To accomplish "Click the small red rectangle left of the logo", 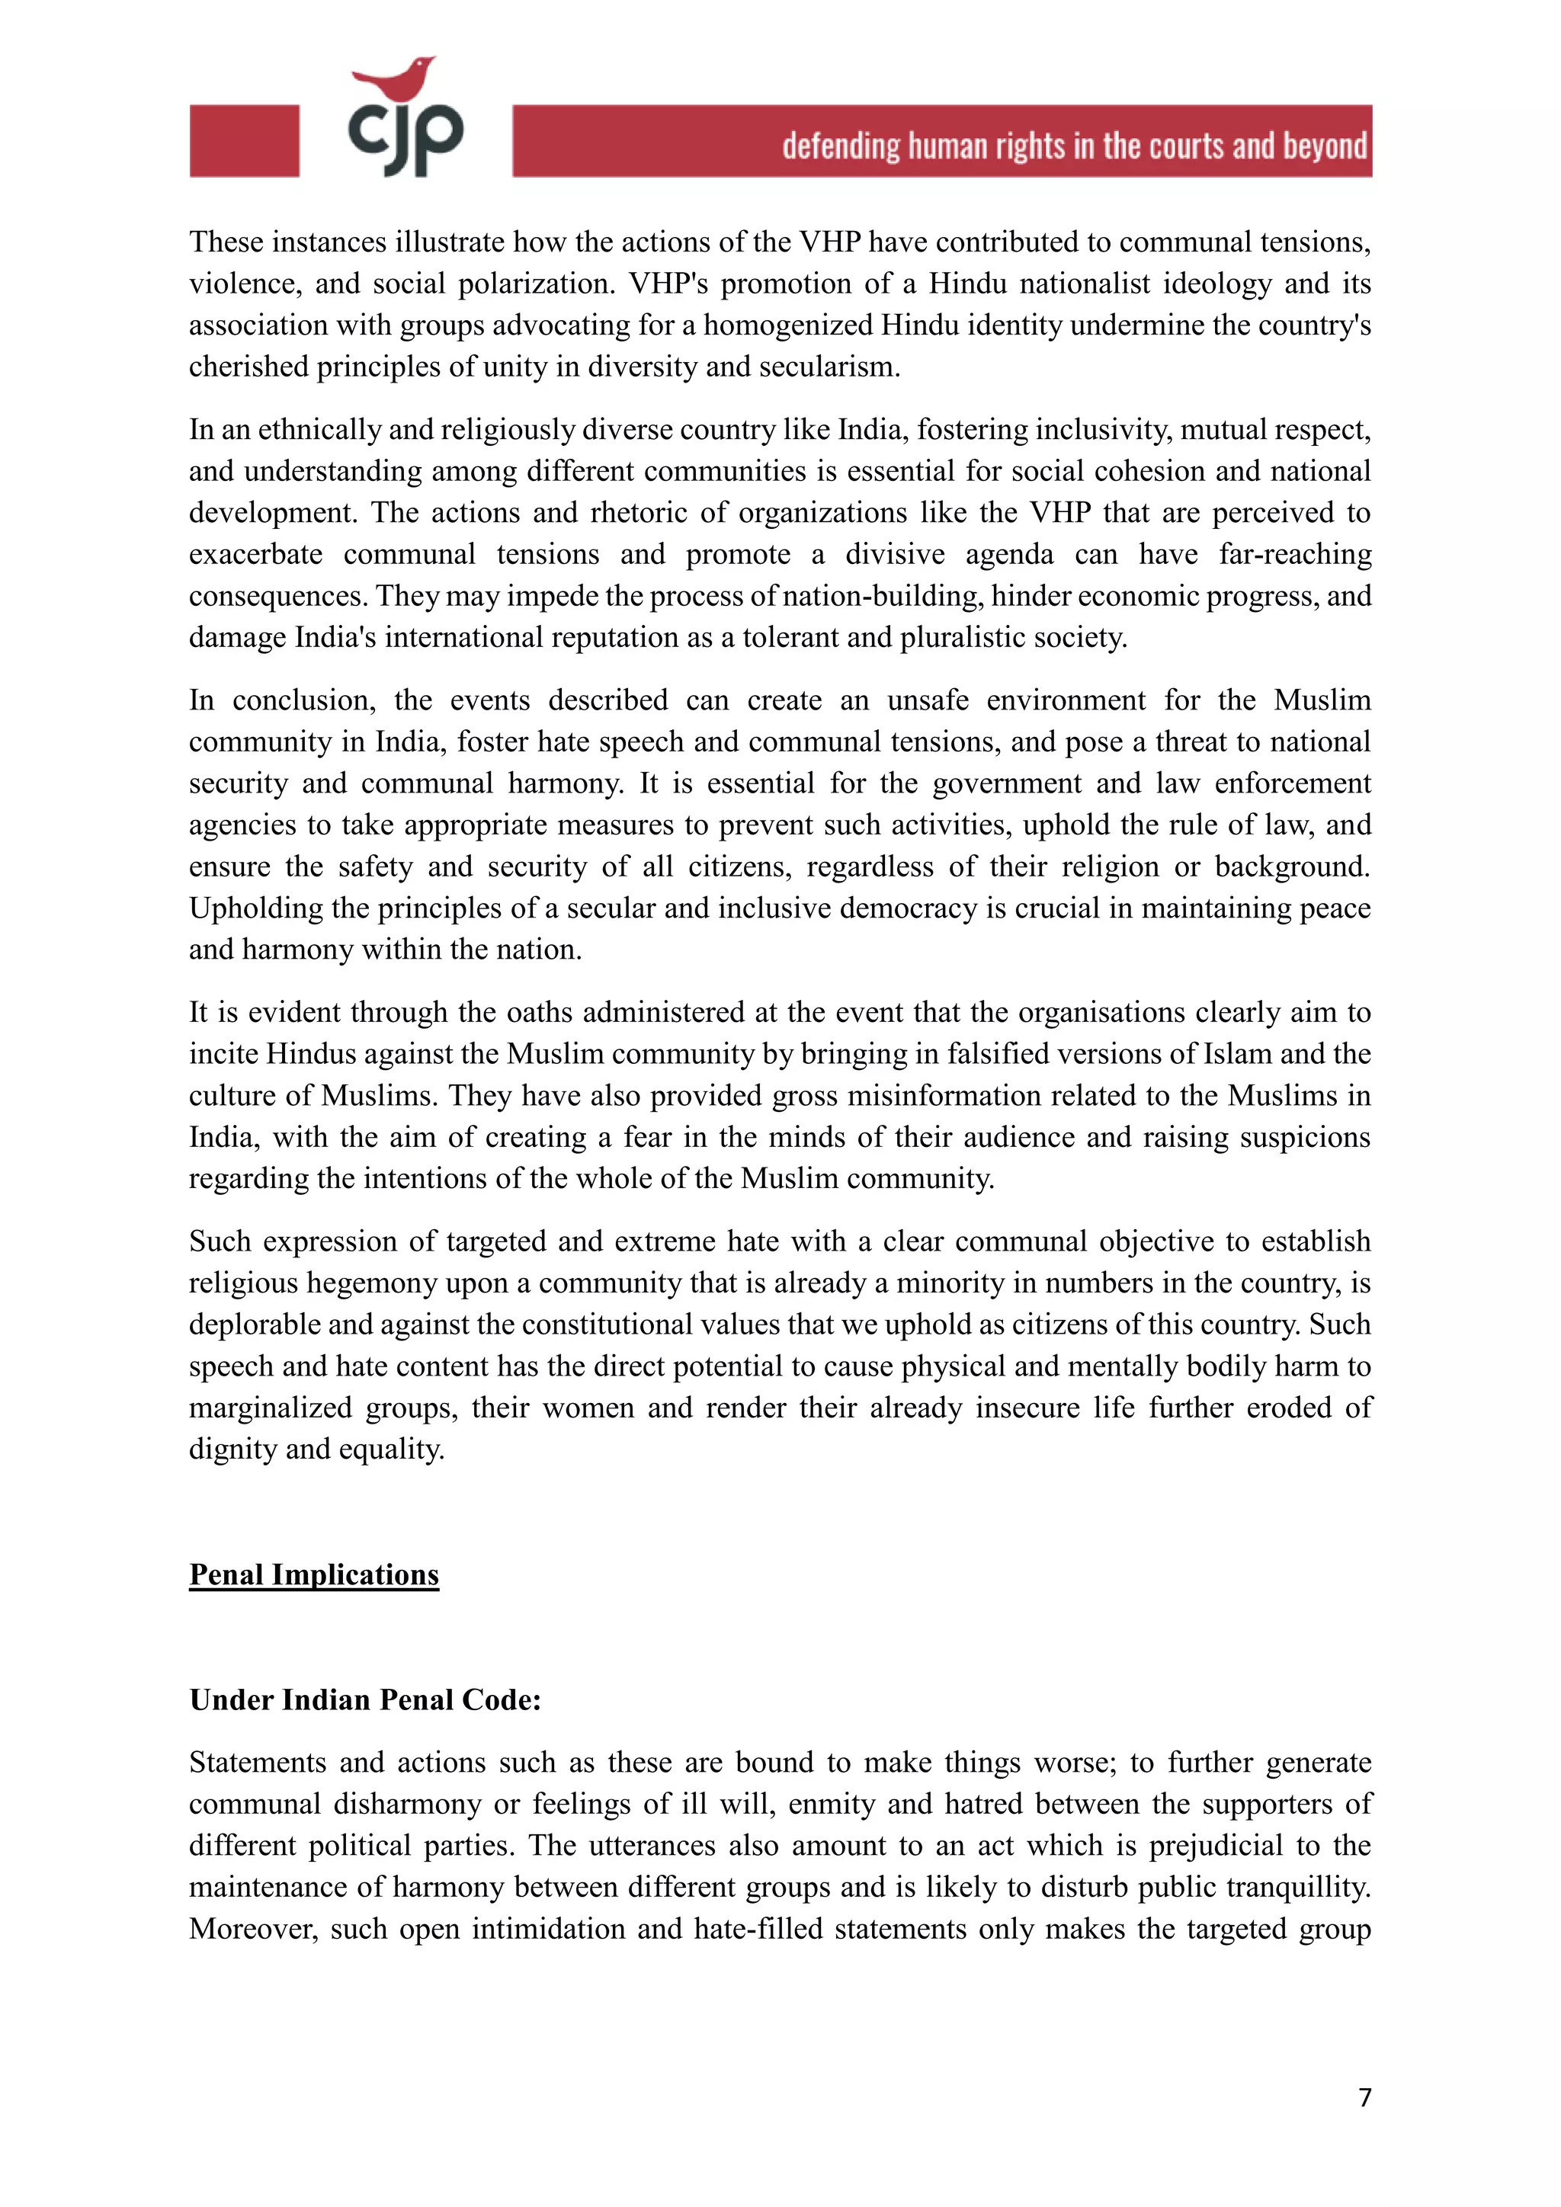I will click(x=244, y=141).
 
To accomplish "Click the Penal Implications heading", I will click(x=313, y=1574).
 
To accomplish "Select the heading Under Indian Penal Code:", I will click(x=365, y=1699).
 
